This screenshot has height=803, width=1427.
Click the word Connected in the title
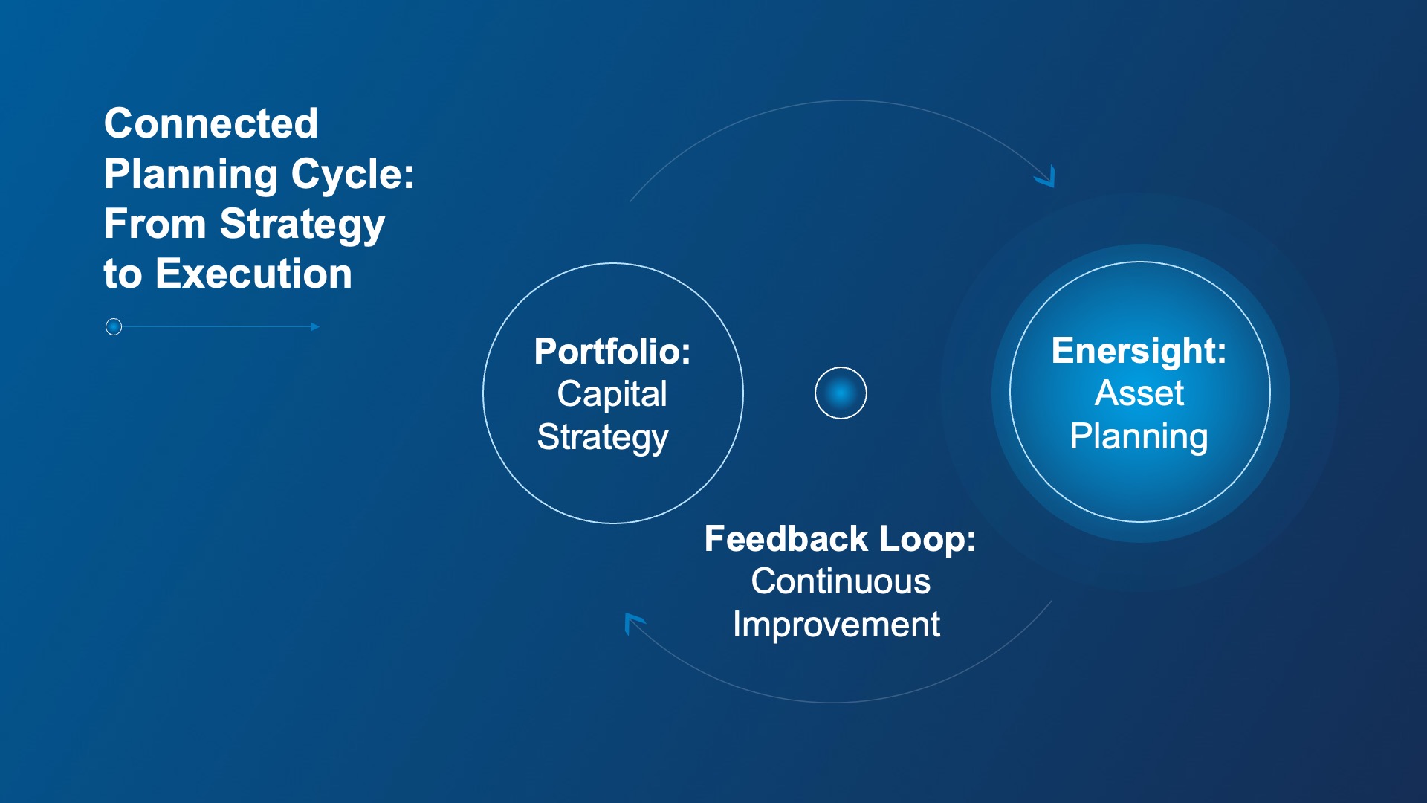(x=211, y=123)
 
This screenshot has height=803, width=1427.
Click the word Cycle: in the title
(x=352, y=174)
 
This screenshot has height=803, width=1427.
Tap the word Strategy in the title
(x=302, y=225)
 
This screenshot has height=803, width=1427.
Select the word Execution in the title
(x=253, y=274)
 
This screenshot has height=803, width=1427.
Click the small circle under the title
(x=114, y=327)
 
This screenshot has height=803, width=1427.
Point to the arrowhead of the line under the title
(x=316, y=327)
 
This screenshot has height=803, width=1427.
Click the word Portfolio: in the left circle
(x=612, y=352)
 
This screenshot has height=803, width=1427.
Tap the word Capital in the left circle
(x=612, y=394)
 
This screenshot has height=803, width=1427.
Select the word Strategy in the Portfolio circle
(x=603, y=437)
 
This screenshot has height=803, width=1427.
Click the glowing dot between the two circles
(x=841, y=393)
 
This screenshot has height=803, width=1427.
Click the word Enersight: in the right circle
(x=1139, y=351)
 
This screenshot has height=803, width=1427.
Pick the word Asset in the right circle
(x=1139, y=393)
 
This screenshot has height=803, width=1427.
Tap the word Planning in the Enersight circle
(x=1139, y=436)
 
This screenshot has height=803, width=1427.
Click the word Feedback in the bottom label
(x=786, y=539)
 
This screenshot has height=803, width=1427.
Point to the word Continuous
(x=841, y=581)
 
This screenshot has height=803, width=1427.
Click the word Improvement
(x=836, y=625)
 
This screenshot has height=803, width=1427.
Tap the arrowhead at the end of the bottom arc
(x=632, y=621)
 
